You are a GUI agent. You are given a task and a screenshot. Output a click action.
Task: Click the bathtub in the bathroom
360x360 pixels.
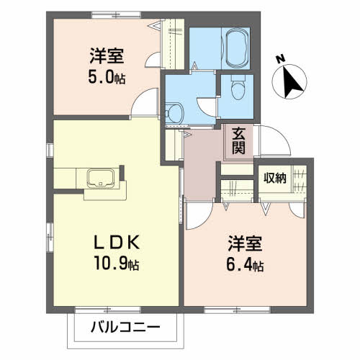[236, 48]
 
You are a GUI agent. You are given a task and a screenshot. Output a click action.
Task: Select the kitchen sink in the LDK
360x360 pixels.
[101, 178]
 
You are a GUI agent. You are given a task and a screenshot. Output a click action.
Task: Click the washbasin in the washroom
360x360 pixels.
[174, 113]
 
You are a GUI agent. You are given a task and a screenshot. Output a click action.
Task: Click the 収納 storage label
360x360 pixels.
[275, 179]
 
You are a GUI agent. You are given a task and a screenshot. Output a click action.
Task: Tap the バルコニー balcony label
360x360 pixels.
[125, 327]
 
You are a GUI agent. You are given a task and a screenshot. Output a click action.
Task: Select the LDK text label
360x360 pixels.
[117, 243]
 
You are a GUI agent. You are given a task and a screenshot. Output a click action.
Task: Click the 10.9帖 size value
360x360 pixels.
[117, 264]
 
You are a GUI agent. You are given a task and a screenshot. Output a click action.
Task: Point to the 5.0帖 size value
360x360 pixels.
[107, 77]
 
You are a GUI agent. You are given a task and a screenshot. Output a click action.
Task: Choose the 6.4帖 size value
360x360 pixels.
[245, 266]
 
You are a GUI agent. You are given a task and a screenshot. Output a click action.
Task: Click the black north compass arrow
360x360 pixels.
[292, 82]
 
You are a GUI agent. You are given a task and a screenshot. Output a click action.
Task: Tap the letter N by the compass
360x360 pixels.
[280, 58]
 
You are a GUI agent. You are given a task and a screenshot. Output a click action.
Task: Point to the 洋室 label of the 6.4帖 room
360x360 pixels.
[245, 243]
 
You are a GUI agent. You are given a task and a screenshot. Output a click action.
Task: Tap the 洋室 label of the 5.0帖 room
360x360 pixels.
[107, 56]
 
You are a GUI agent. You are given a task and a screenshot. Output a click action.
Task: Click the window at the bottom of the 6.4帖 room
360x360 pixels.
[237, 310]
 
